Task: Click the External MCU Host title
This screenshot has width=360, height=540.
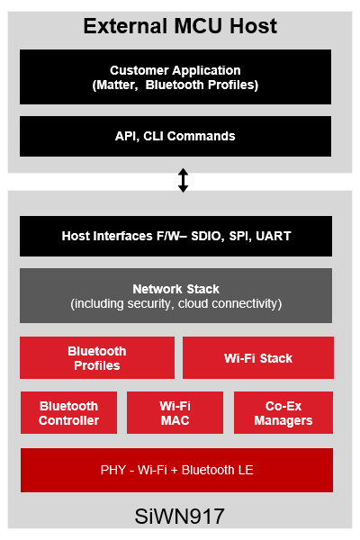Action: coord(180,26)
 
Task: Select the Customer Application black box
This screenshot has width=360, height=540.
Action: coord(175,76)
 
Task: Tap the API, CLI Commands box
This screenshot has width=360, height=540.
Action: coord(175,136)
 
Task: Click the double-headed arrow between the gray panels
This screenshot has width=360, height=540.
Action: coord(184,180)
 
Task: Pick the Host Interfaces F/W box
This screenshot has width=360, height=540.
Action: coord(175,236)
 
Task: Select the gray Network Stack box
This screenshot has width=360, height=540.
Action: coord(175,296)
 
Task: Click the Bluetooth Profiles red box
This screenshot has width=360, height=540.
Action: coord(97,358)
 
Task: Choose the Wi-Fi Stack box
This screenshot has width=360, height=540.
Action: coord(257,358)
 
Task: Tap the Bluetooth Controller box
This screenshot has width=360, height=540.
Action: coord(68,413)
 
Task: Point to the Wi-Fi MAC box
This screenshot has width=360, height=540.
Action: coord(175,413)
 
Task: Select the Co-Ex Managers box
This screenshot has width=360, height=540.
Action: coord(283,413)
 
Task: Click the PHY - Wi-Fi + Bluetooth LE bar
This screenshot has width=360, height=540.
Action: coord(175,471)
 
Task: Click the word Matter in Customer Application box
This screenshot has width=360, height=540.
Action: coord(119,85)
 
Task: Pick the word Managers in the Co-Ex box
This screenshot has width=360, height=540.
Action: coord(283,420)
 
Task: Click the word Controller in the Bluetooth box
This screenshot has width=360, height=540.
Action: coord(68,420)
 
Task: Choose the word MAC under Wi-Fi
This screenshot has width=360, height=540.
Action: coord(175,420)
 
